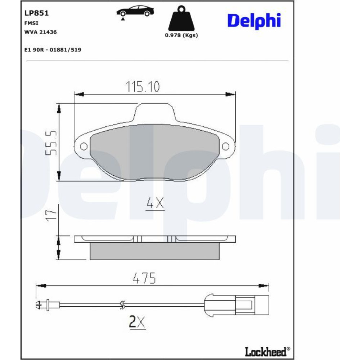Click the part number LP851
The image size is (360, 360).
pos(36,13)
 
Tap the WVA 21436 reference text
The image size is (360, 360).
pos(40,32)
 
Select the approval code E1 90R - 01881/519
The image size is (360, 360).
pos(53,50)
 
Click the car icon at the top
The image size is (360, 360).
pos(135,12)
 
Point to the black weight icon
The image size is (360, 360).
pos(181,19)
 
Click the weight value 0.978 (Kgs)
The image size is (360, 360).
pos(181,35)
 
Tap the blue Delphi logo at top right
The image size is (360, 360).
pos(254,21)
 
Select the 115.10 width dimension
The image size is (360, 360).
pos(143,87)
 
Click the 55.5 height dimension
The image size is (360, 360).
pos(51,143)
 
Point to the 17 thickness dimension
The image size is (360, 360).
pos(51,215)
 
